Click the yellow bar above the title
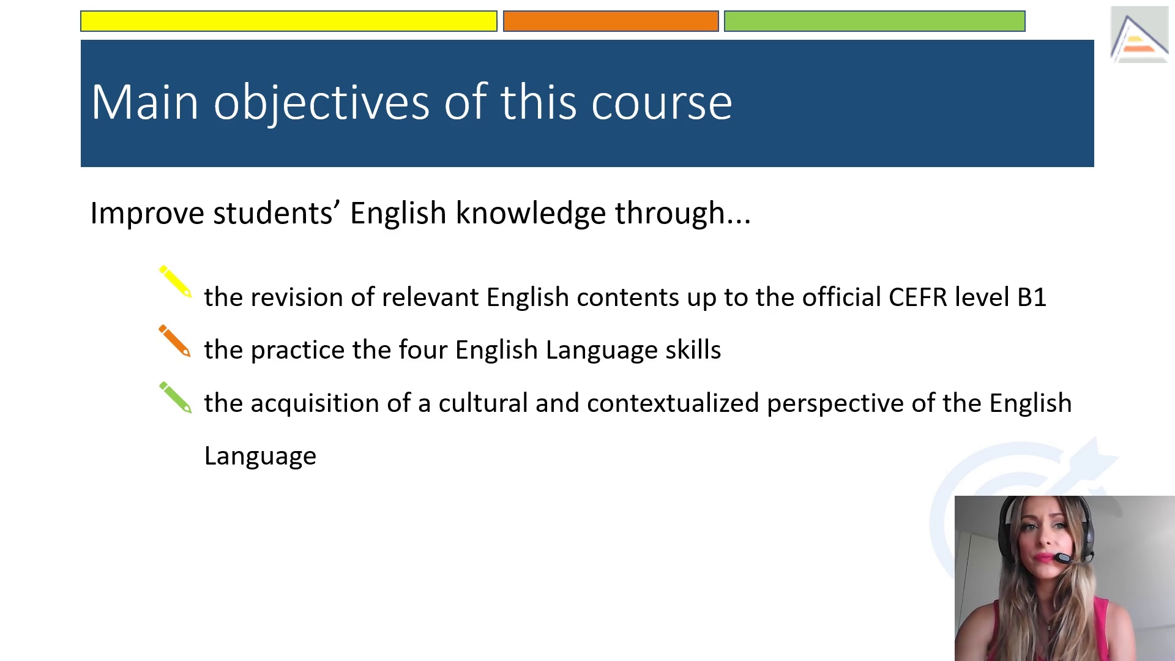[x=289, y=21]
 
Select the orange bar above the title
[x=611, y=21]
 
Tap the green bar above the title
[x=875, y=21]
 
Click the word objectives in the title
[x=321, y=103]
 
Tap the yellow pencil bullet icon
[x=176, y=282]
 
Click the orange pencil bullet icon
[x=175, y=340]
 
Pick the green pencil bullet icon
[x=176, y=398]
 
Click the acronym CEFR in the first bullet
[x=918, y=297]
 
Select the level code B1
[x=1032, y=297]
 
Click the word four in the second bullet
[x=423, y=350]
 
